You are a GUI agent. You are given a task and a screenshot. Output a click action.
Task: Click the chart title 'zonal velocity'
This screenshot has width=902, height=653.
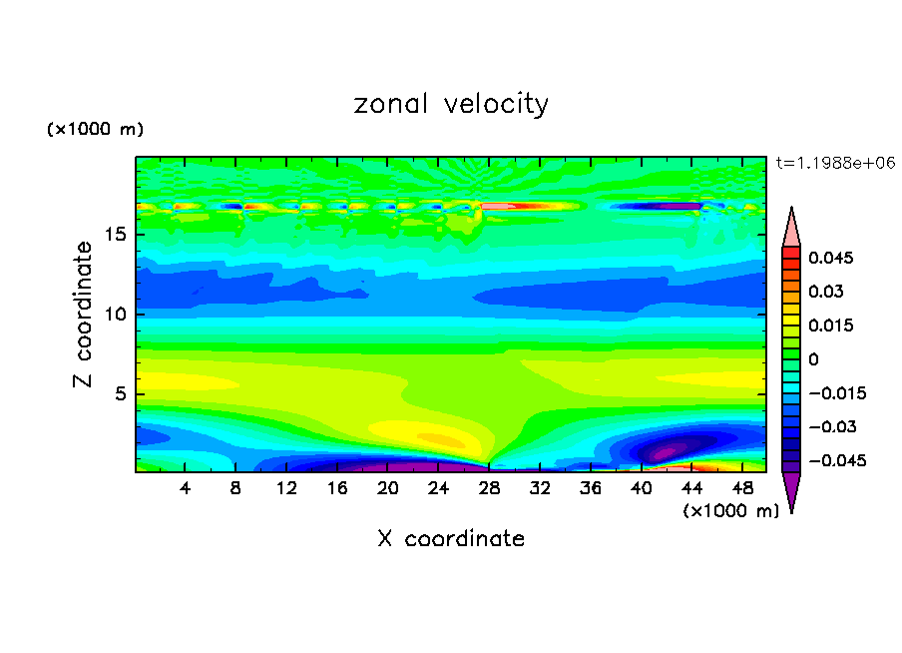pos(451,104)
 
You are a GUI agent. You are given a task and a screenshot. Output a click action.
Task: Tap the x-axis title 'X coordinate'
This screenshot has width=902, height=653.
pos(451,539)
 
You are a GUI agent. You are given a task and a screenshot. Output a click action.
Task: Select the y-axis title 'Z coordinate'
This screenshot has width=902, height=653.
pos(84,315)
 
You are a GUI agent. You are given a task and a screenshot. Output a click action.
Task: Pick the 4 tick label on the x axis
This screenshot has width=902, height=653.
pos(186,488)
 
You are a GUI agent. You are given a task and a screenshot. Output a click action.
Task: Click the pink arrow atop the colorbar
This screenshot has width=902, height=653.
pos(791,229)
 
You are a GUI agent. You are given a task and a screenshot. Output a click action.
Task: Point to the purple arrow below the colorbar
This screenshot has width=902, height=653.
pos(791,490)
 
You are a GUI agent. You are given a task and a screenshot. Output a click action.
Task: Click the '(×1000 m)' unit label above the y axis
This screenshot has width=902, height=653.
pos(95,130)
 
